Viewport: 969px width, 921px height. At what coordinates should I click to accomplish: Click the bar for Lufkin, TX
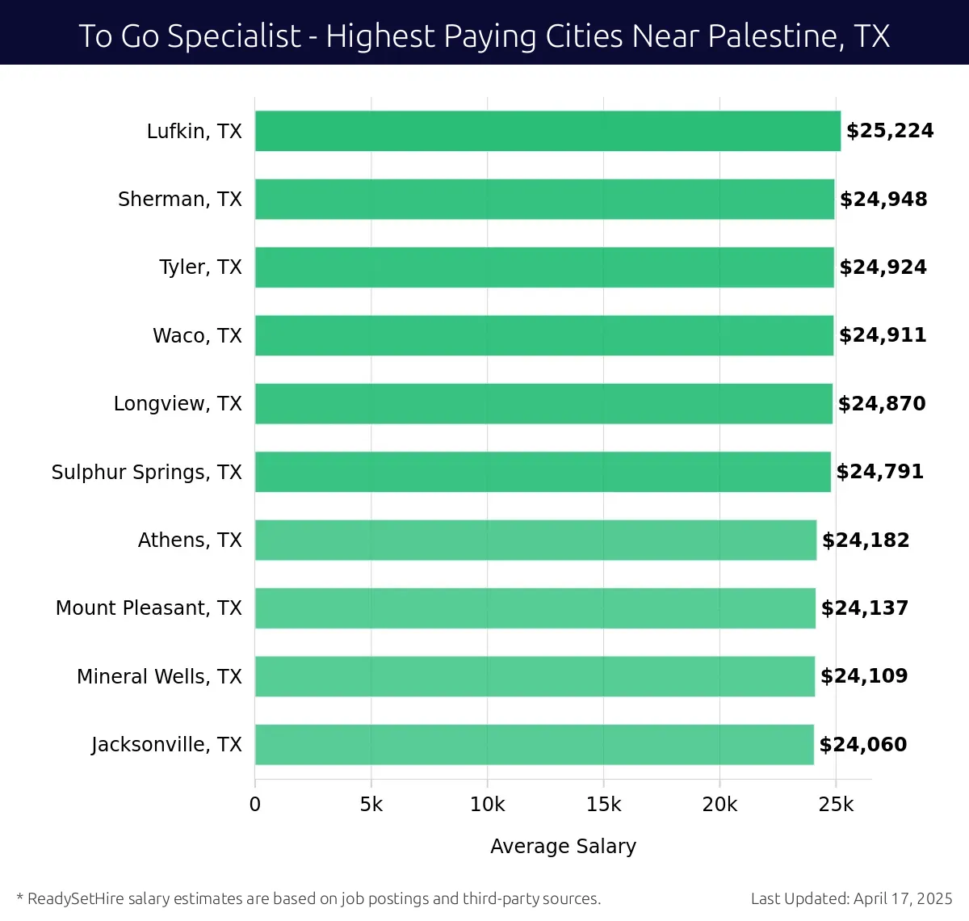tap(547, 131)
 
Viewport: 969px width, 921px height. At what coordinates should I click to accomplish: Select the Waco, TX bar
tap(544, 335)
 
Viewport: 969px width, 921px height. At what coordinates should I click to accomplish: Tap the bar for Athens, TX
tap(535, 540)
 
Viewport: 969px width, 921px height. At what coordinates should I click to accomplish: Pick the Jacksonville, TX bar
tap(535, 744)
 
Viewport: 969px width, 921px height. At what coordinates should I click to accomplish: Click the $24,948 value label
tap(883, 200)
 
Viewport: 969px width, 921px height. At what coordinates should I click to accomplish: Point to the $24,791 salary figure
tap(879, 472)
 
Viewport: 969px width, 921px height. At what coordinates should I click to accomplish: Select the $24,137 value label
tap(864, 608)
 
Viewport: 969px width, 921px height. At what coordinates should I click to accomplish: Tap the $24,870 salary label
tap(881, 404)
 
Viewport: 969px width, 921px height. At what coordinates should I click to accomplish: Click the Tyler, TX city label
tap(200, 267)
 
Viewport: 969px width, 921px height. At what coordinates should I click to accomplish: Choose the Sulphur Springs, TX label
tap(146, 473)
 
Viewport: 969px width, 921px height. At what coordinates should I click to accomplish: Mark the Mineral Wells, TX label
tap(159, 677)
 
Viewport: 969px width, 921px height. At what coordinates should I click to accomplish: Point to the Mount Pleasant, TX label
tap(149, 608)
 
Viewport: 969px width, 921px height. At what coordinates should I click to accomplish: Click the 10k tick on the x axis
tap(487, 805)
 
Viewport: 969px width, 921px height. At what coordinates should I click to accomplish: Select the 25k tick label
tap(836, 805)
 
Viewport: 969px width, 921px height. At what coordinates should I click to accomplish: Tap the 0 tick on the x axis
tap(255, 805)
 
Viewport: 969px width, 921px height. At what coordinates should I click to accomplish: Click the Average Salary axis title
tap(563, 846)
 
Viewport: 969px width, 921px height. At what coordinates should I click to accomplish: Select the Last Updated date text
tap(851, 898)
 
